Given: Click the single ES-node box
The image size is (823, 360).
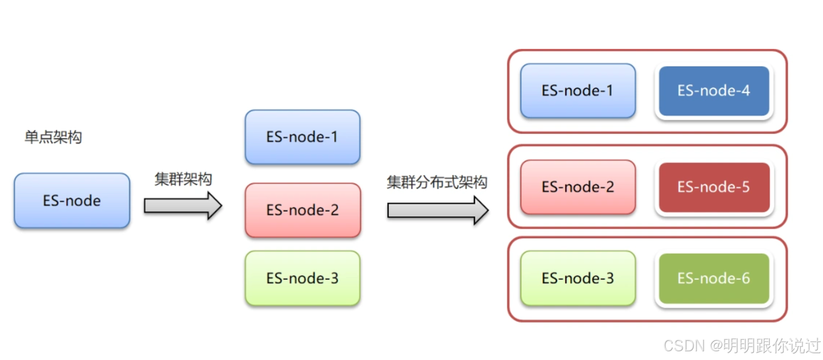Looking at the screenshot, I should [x=72, y=200].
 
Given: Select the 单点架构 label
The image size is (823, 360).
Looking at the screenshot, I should [x=53, y=137].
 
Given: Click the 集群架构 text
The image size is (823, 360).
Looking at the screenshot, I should [x=183, y=180].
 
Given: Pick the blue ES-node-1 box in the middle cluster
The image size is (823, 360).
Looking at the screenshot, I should [x=302, y=137].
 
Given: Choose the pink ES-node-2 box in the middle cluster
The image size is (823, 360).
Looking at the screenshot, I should [x=303, y=210].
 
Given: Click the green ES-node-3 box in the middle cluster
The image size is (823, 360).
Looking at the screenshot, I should [x=302, y=278].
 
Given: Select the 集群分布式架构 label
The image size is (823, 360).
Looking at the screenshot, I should [x=437, y=182].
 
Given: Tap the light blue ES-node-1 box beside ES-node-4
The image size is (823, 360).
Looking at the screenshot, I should [x=578, y=90].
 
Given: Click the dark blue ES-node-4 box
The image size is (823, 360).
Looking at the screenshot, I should [x=714, y=90].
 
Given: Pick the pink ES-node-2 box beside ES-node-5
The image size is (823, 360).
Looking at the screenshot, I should [x=578, y=187].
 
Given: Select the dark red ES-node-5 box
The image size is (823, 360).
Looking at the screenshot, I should [x=714, y=187].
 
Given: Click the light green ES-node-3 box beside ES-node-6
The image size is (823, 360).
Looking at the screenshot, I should [x=578, y=278].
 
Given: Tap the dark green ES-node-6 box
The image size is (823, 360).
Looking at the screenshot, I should [x=714, y=278].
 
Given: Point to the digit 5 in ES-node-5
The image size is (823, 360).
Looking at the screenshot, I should [x=745, y=187].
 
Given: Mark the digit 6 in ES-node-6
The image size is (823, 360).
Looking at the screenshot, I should [x=745, y=278].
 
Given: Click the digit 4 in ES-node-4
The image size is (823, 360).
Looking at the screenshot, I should [x=745, y=90].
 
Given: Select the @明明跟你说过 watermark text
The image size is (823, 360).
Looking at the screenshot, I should [x=765, y=345].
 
